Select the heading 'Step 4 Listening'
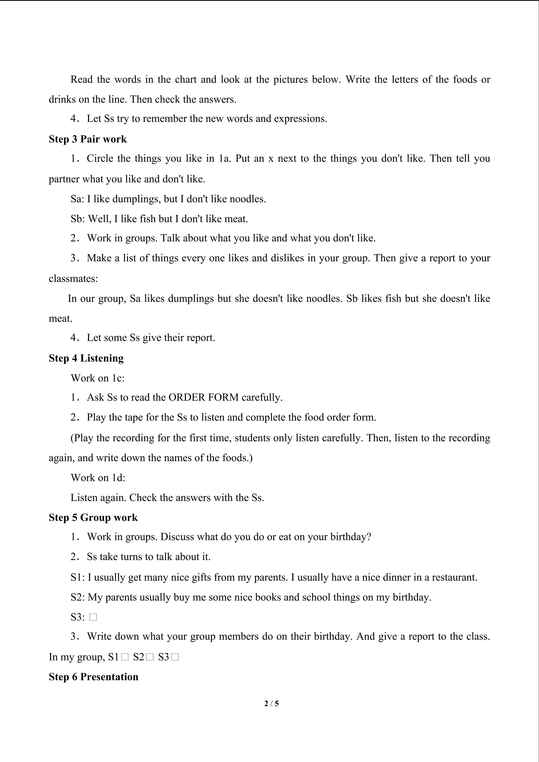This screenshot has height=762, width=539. (86, 358)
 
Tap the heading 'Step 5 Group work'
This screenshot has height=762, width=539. (93, 517)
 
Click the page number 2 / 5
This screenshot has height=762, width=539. (271, 703)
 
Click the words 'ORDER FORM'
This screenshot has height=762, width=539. (204, 397)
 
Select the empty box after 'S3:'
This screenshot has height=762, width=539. (93, 617)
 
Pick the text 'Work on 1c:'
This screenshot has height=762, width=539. (98, 378)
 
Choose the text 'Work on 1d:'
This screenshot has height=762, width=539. (98, 478)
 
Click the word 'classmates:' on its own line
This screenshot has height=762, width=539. (73, 278)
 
